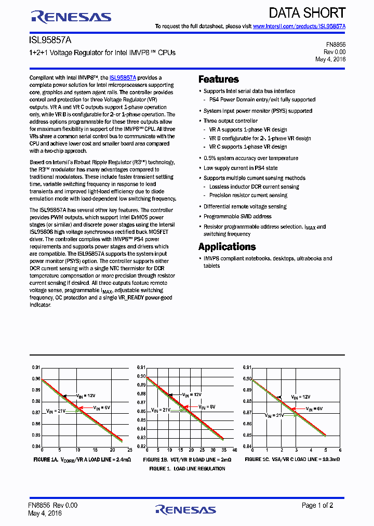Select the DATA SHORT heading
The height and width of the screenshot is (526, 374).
307,13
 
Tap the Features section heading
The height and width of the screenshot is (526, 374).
219,80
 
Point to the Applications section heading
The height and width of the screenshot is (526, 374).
227,247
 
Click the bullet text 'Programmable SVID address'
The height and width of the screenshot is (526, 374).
237,216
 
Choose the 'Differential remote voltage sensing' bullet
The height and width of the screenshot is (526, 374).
245,206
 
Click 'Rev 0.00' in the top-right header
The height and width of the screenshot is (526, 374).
335,52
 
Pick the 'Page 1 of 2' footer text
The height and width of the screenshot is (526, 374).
318,505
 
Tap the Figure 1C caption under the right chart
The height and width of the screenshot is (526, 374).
292,460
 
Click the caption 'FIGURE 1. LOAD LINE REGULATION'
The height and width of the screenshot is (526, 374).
187,469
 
